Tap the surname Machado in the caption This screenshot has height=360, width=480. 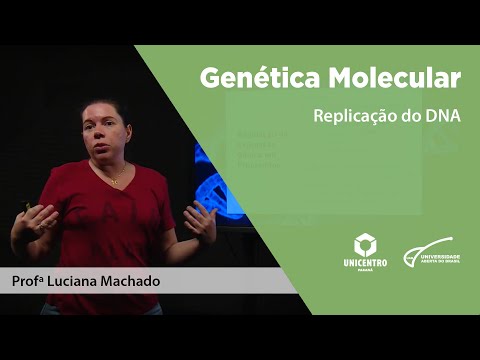[130, 282]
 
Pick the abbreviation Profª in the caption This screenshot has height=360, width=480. [28, 282]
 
